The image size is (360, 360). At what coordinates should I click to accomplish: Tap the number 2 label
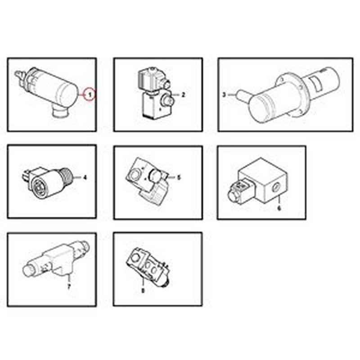pyautogui.click(x=183, y=94)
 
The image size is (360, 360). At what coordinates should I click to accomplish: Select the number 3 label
pyautogui.click(x=224, y=94)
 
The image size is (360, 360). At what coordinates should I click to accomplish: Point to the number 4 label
pyautogui.click(x=85, y=177)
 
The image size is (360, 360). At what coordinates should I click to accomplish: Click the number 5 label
pyautogui.click(x=179, y=177)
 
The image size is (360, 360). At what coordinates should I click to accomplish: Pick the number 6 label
pyautogui.click(x=279, y=208)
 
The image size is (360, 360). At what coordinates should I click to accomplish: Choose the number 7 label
pyautogui.click(x=69, y=286)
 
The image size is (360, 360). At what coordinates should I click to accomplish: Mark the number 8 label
pyautogui.click(x=143, y=291)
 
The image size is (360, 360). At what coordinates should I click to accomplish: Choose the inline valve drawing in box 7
pyautogui.click(x=54, y=261)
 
